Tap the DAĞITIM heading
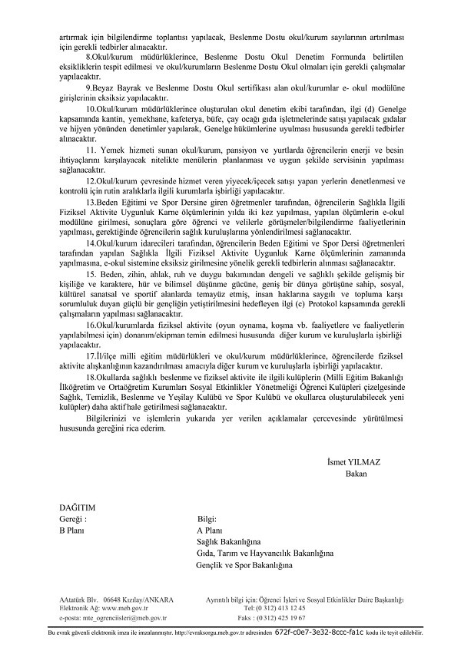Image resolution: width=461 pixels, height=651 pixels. (77, 508)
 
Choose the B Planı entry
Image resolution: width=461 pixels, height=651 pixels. (73, 530)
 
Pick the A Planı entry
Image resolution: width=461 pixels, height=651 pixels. (210, 530)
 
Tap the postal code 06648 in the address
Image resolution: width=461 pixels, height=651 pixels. (113, 599)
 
